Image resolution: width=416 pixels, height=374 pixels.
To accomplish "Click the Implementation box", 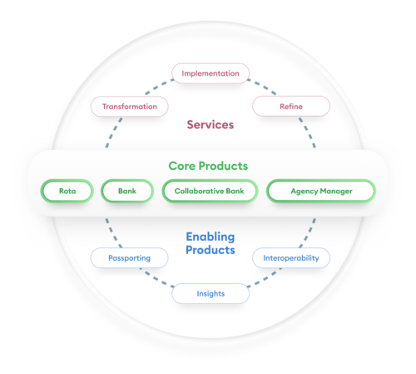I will (x=210, y=73).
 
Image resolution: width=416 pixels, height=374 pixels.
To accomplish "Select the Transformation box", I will (x=129, y=107).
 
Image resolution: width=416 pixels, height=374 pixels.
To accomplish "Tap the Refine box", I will (x=290, y=107).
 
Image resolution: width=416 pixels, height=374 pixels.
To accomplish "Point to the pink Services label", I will (x=210, y=124).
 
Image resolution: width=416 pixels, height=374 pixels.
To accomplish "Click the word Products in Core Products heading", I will (x=227, y=166).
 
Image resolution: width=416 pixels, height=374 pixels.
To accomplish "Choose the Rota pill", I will (x=67, y=192).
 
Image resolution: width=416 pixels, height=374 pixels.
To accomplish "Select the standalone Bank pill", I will (x=126, y=192).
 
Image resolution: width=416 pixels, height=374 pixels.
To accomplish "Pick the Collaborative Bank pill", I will (x=209, y=192).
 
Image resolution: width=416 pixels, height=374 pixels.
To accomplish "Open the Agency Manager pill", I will (x=320, y=192).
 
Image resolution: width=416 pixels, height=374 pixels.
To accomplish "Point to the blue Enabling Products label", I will (x=210, y=243).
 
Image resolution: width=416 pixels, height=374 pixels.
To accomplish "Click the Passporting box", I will (x=129, y=258).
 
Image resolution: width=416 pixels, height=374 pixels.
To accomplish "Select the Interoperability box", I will (x=290, y=258).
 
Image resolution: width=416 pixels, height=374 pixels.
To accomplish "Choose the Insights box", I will (x=210, y=293).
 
